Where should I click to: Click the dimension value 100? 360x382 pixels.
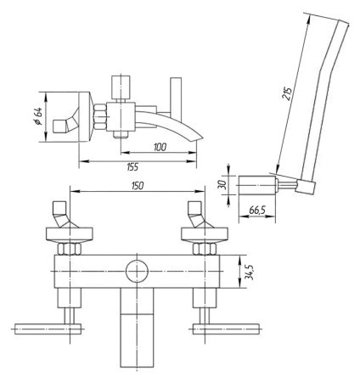click(160, 147)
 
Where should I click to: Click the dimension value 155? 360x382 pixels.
click(132, 167)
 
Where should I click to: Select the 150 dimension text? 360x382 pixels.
click(138, 186)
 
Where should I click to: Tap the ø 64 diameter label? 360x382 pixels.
click(38, 116)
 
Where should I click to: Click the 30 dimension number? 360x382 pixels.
click(223, 185)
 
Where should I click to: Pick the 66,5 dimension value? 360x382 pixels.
click(257, 211)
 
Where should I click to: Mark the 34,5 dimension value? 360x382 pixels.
click(249, 272)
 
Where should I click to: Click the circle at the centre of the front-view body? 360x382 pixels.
click(137, 271)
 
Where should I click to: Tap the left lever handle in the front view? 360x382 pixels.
click(48, 329)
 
